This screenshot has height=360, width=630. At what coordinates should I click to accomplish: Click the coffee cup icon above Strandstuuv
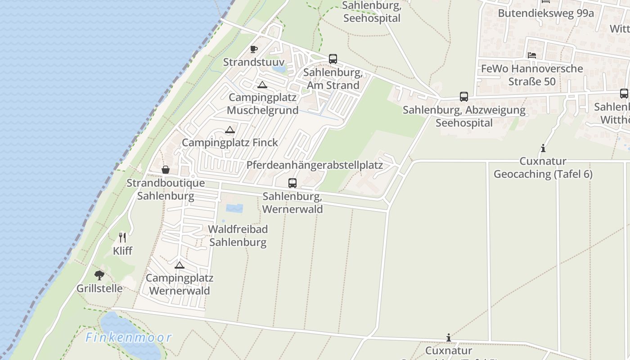[254, 49]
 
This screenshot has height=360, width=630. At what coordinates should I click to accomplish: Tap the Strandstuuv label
[254, 62]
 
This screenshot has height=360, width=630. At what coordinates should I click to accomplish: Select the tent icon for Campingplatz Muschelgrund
[262, 85]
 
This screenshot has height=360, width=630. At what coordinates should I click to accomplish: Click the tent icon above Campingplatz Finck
[230, 130]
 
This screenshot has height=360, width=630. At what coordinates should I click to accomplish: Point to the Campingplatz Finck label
[230, 143]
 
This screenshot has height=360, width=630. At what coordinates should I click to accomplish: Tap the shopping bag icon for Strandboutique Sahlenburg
[166, 170]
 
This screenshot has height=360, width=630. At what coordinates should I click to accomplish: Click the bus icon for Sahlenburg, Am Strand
[333, 59]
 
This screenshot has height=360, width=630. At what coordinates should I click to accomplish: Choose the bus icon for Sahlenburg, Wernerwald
[292, 183]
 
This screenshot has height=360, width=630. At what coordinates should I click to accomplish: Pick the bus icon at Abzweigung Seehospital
[464, 97]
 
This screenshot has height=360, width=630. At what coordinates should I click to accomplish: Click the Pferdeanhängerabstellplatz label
[315, 165]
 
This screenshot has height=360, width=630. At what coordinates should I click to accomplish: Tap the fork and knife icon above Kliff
[122, 237]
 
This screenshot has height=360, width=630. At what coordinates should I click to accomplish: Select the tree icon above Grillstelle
[99, 275]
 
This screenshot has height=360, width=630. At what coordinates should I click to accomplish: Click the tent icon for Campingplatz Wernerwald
[180, 265]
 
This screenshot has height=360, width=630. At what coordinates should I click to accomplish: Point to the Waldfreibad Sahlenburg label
[238, 236]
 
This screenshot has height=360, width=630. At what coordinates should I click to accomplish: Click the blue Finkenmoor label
[129, 337]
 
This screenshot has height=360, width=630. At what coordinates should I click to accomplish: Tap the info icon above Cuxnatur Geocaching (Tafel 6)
[543, 148]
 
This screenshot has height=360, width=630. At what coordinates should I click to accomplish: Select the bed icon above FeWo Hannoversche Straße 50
[532, 55]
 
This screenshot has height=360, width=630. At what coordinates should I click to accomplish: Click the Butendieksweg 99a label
[545, 13]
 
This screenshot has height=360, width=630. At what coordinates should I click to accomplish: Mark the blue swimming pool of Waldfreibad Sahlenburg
[234, 208]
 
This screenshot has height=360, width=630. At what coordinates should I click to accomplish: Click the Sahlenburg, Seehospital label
[372, 12]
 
